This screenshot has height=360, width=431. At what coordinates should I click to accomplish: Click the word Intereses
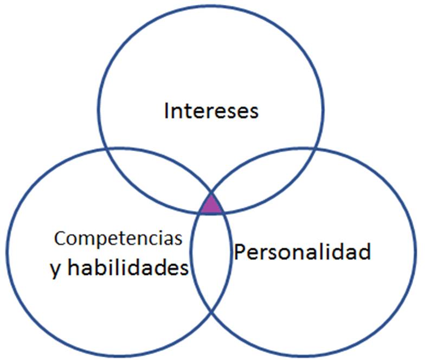pos(211,111)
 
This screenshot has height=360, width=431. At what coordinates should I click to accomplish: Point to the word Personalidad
pos(303,252)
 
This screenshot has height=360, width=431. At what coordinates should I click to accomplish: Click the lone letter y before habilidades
pos(55,270)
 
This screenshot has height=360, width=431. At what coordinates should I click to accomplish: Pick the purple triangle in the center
pos(211,205)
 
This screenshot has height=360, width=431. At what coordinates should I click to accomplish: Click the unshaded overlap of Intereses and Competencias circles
pos(163,173)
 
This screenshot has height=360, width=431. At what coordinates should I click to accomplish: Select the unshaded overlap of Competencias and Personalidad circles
pos(211,260)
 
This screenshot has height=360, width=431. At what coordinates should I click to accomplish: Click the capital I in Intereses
pos(166,111)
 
